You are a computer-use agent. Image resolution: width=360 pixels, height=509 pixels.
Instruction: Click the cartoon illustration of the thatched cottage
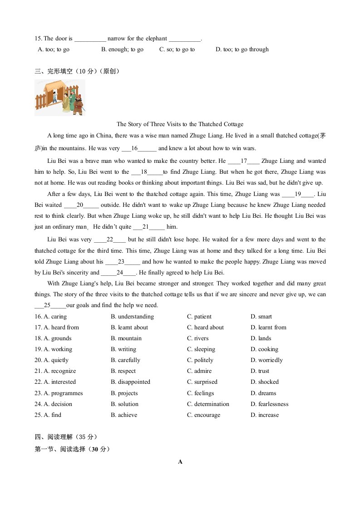pos(59,97)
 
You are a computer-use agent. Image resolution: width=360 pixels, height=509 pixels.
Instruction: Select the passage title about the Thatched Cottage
pos(180,124)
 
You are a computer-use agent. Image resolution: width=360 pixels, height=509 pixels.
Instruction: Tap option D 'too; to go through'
pos(242,49)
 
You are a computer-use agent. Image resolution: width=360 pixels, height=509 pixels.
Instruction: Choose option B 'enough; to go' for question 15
pos(122,49)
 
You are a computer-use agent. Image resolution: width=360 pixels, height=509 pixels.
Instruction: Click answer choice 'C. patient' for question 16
pos(199,317)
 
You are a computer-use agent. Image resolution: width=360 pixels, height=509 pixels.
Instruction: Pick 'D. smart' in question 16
pos(261,317)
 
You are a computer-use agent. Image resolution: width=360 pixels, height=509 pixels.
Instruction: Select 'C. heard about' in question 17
pos(205,328)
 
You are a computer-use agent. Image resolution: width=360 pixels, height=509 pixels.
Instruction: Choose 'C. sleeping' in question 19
pos(201,349)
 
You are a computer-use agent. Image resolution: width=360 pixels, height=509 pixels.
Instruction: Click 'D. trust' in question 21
pos(260,371)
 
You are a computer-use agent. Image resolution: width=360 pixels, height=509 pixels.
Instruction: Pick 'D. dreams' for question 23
pos(263,393)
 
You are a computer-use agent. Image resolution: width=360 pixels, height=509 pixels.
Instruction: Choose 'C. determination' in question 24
pos(208,404)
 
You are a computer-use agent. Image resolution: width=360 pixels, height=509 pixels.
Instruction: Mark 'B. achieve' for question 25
pos(124,415)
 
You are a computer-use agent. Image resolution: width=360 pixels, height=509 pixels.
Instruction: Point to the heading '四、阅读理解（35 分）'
pos(66,437)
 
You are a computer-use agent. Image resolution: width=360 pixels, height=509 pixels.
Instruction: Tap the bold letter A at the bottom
pos(180,462)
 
